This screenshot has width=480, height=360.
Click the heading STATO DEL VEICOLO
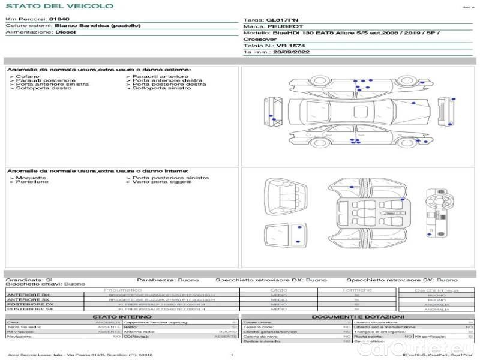(x=59, y=6)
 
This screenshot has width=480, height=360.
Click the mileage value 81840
(x=59, y=19)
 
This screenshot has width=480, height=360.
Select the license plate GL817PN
(x=281, y=20)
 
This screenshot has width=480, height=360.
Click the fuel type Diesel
(x=65, y=32)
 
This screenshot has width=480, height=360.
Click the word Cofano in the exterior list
(x=28, y=77)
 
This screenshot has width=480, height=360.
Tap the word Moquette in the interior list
(x=31, y=178)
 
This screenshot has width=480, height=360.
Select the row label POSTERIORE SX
(x=30, y=309)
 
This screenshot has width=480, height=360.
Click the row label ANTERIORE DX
(x=28, y=295)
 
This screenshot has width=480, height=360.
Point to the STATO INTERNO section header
(x=122, y=316)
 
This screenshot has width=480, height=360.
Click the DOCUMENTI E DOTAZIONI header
(x=358, y=316)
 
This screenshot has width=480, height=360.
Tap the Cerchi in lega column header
(x=437, y=290)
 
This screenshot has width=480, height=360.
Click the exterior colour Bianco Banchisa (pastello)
(x=98, y=26)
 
